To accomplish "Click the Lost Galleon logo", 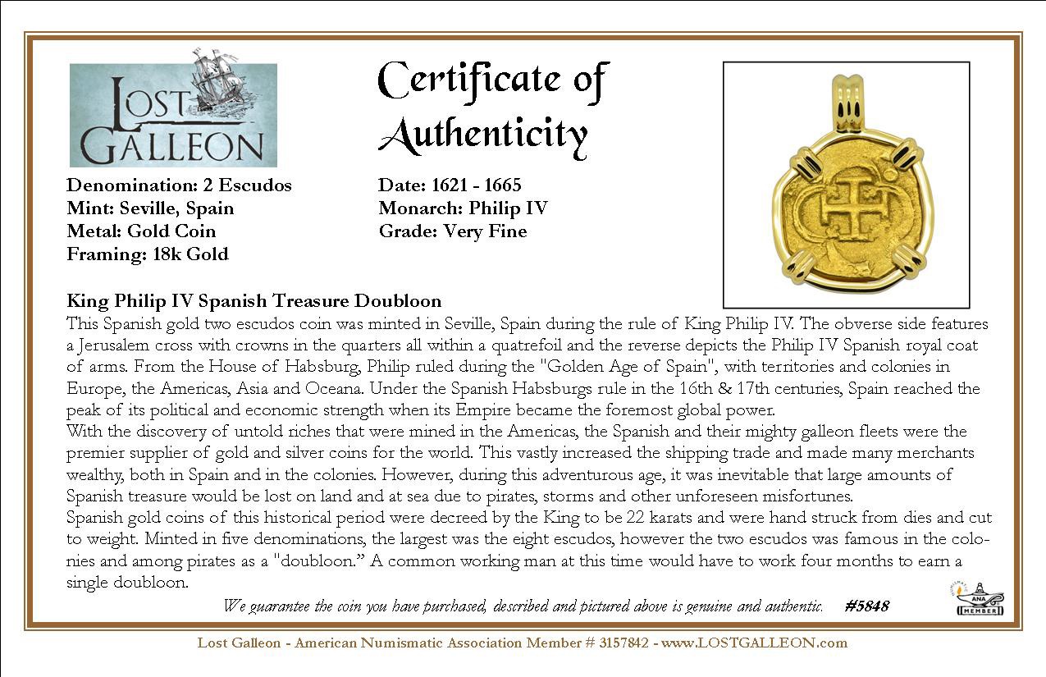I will pyautogui.click(x=173, y=115).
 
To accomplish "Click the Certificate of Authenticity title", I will pyautogui.click(x=493, y=107).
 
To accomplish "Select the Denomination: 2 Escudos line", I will pyautogui.click(x=179, y=185).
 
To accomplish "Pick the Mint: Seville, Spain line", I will pyautogui.click(x=150, y=208).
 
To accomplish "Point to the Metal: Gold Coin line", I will pyautogui.click(x=141, y=231).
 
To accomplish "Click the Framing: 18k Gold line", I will pyautogui.click(x=148, y=254).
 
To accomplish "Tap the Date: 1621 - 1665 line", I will pyautogui.click(x=450, y=185).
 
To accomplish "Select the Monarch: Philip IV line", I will pyautogui.click(x=463, y=208).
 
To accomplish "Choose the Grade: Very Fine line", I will pyautogui.click(x=452, y=231).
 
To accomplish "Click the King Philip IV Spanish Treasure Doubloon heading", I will pyautogui.click(x=254, y=301).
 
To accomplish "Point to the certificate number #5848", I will pyautogui.click(x=866, y=606).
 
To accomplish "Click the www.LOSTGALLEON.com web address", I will pyautogui.click(x=754, y=643).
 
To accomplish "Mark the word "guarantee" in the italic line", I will pyautogui.click(x=276, y=606).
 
